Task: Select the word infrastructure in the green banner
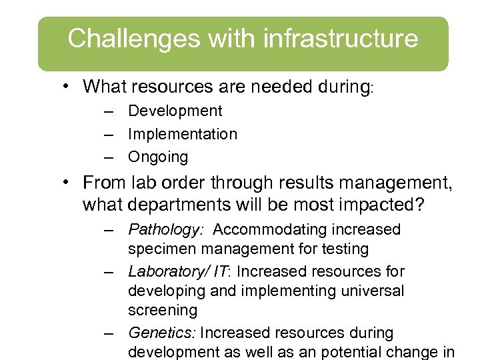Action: click(x=341, y=39)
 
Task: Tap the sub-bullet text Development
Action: click(x=175, y=111)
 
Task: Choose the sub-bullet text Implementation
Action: click(x=182, y=134)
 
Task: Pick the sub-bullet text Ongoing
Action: click(x=158, y=157)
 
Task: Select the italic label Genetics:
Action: click(x=162, y=333)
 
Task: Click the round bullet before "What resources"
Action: click(x=69, y=87)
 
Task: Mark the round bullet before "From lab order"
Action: click(x=69, y=182)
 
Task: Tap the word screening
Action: click(x=163, y=311)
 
